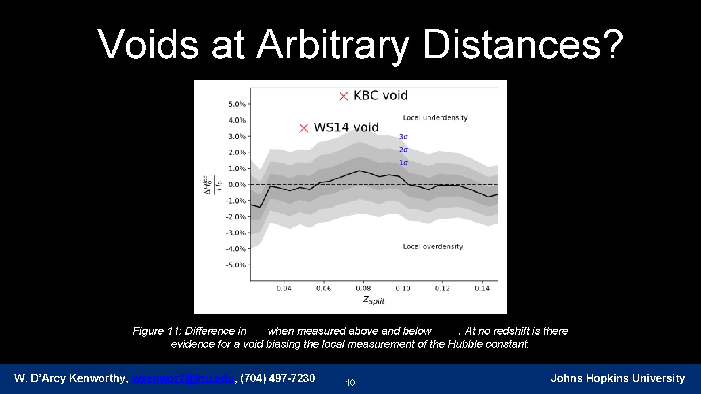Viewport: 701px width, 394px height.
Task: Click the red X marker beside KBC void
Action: tap(344, 96)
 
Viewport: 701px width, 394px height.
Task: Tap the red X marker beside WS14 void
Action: tap(304, 128)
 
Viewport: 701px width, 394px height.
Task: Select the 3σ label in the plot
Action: tap(403, 136)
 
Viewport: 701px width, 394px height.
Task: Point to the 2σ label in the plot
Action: tap(403, 150)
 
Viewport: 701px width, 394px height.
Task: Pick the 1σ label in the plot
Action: tap(403, 163)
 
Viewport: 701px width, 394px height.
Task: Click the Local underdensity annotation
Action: tap(435, 118)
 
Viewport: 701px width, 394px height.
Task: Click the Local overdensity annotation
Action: tap(433, 247)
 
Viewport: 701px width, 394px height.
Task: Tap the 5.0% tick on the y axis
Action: tap(237, 104)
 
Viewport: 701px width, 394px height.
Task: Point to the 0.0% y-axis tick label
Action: tap(237, 185)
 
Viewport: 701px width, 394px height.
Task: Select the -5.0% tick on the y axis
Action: tap(236, 265)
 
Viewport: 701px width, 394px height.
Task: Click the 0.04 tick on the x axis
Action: tap(284, 289)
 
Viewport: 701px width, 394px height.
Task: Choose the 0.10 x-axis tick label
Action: tap(403, 289)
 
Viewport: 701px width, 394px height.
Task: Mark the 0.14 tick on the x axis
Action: tap(482, 289)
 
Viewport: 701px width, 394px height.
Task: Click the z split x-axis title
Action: tap(374, 300)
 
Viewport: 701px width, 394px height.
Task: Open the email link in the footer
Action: tap(183, 378)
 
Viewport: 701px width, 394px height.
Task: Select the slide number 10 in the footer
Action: tap(350, 383)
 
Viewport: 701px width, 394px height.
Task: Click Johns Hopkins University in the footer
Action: tap(617, 378)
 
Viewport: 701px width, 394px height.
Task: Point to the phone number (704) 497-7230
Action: tap(277, 378)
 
